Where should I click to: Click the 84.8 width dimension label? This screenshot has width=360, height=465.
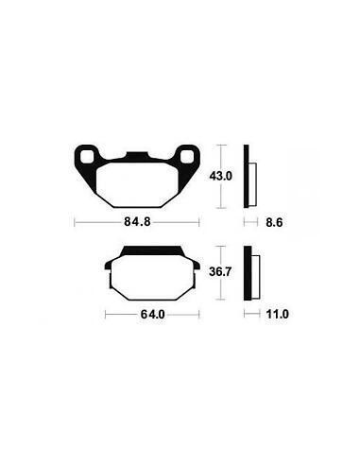point(137,222)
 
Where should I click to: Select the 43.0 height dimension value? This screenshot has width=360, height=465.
point(221,176)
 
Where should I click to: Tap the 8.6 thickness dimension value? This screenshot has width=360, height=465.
point(274,223)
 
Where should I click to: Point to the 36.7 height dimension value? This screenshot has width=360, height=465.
point(220,271)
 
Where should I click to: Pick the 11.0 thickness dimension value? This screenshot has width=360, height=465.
point(277,314)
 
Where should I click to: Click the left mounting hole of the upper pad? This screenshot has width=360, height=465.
point(87,157)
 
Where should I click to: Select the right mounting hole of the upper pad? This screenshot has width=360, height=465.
point(187,157)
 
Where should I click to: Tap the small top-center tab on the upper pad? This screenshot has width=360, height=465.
point(137,155)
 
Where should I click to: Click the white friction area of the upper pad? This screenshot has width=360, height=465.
point(137,184)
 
